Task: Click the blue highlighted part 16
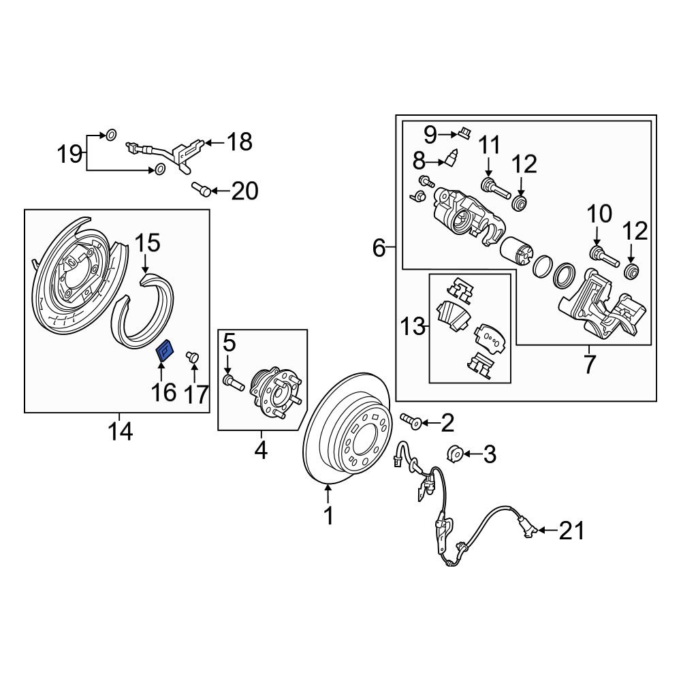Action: [165, 351]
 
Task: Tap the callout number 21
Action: [571, 530]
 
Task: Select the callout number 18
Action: [238, 142]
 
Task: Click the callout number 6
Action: [379, 249]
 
